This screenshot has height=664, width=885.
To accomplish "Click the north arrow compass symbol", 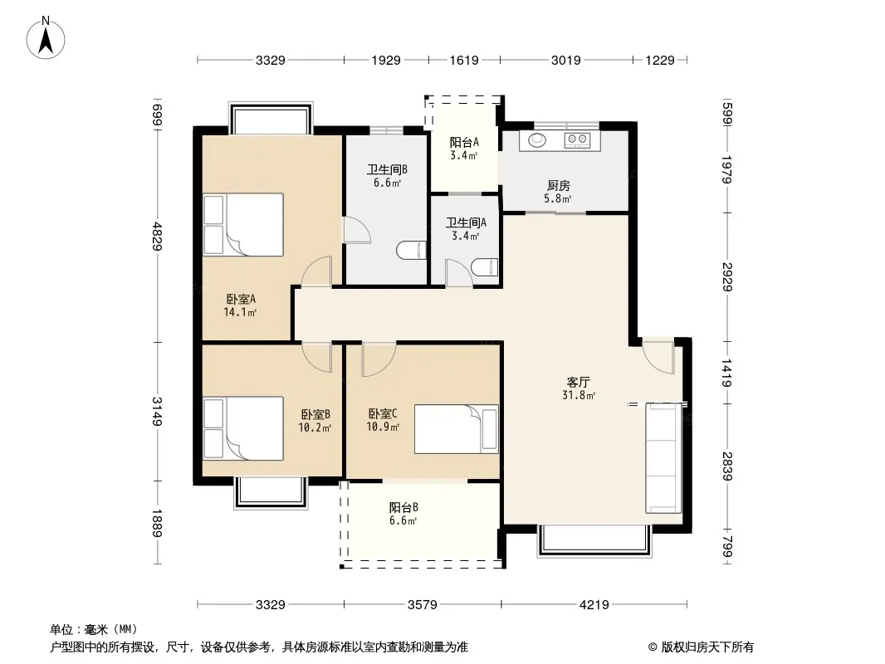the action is coord(46,38).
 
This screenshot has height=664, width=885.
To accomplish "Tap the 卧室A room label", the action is coord(241,300).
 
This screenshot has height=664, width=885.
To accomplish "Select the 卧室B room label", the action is coord(315,415).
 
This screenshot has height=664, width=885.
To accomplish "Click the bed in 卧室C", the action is coord(456,429).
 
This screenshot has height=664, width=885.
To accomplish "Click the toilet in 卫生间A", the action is coord(485,267).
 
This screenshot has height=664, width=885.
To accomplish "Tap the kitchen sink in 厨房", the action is coord(537,139).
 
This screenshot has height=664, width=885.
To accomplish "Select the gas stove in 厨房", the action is coord(577,139).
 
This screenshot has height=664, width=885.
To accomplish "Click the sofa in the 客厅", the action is coord(664,458).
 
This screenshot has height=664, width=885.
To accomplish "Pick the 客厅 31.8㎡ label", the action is coord(579,388).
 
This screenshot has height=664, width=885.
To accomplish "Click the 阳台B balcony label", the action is coord(403,507).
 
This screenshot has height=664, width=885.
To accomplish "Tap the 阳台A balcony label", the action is coord(464,143).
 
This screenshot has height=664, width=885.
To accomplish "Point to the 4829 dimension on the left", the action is coord(158,237).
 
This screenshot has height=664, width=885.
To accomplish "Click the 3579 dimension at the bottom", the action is coord(423,605).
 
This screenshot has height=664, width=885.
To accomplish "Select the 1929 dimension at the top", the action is coord(386,60).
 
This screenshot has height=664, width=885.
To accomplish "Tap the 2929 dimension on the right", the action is coord(727,276).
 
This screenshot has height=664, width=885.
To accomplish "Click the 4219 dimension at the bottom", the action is coord(594,605).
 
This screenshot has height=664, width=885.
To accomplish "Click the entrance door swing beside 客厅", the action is coord(659,357).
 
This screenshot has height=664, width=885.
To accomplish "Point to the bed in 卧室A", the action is coord(243,225).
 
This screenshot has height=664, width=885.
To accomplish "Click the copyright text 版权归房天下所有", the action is coord(707,647).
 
